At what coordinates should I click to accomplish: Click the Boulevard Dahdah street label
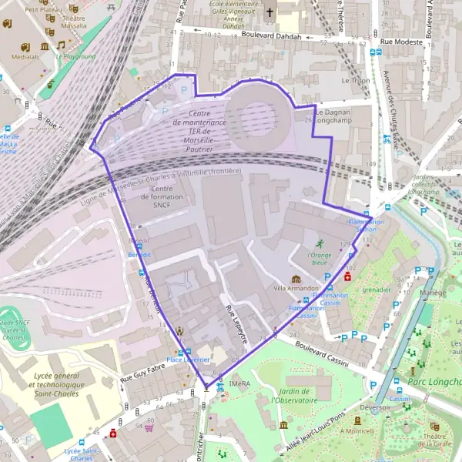(276, 35)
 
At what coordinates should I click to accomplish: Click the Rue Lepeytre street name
(236, 323)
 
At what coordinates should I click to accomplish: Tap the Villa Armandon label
(296, 288)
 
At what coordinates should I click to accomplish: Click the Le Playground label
(75, 56)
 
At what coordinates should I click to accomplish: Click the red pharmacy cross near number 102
(349, 276)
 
